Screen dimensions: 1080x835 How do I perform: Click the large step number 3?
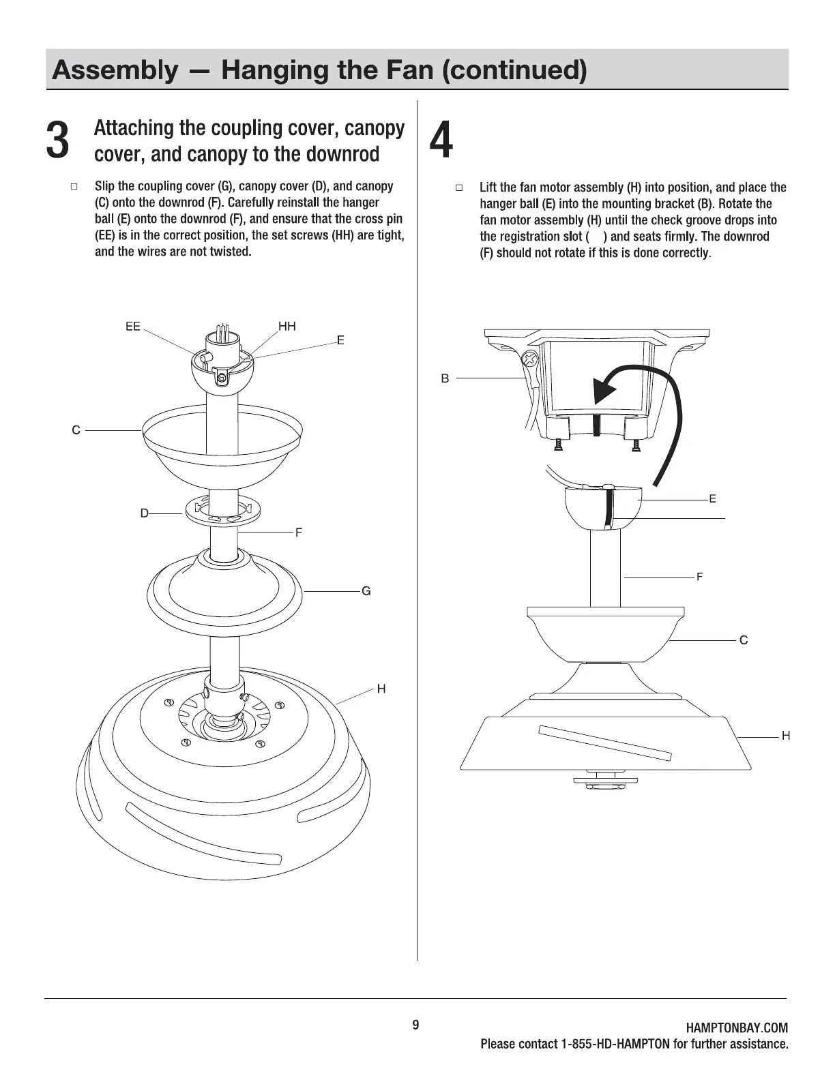58,142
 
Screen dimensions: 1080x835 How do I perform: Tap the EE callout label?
133,327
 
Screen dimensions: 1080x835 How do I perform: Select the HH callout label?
287,327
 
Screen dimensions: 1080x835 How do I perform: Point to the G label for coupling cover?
366,591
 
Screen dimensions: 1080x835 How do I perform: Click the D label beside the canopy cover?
145,513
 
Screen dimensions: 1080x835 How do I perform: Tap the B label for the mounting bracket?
445,378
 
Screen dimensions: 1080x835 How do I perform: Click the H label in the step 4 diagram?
786,736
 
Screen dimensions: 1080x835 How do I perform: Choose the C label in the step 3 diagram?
76,430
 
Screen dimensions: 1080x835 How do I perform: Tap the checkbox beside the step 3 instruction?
74,186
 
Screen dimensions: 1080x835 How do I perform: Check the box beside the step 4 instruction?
459,187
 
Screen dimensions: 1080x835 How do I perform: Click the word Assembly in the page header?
113,70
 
